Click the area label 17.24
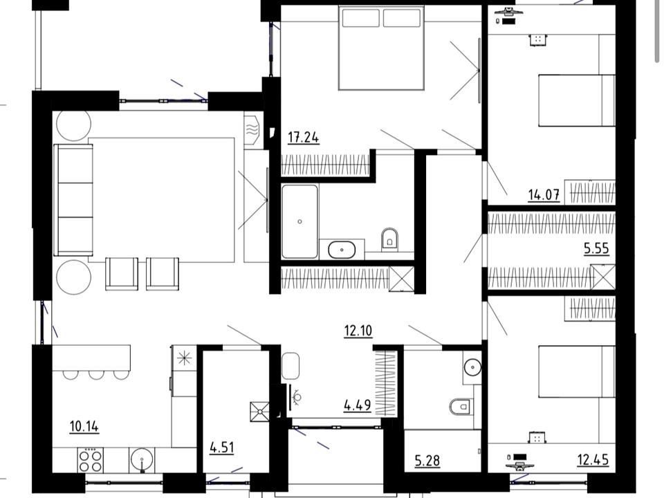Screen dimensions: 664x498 click(303, 138)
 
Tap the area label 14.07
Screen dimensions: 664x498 click(544, 195)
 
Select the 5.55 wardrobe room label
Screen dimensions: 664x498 click(596, 248)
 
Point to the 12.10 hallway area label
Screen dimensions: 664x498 click(358, 331)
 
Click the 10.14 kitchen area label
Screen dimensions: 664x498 click(84, 427)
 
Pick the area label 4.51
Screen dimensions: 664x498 click(222, 448)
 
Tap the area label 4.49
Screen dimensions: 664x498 click(358, 405)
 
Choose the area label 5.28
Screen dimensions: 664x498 click(427, 461)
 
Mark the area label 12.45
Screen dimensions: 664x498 click(593, 459)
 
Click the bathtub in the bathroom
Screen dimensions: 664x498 click(299, 221)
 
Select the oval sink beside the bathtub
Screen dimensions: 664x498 click(342, 250)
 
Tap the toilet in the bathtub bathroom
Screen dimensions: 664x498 click(389, 238)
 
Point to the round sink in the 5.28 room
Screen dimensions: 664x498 click(472, 367)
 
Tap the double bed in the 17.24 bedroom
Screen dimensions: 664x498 click(381, 48)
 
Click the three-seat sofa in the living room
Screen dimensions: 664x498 click(73, 200)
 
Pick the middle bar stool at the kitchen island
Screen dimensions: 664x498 click(96, 374)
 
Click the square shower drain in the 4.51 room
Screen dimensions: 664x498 click(259, 411)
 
